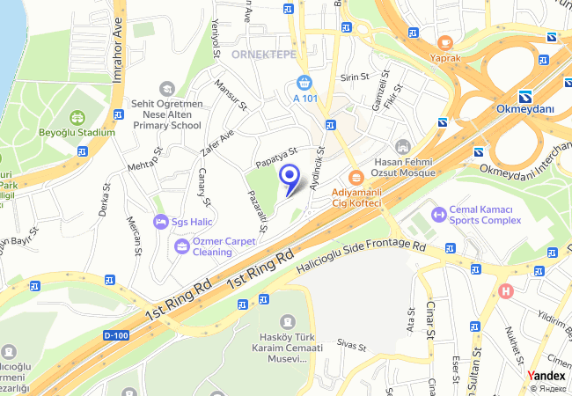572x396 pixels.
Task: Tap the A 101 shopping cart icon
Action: pos(304,83)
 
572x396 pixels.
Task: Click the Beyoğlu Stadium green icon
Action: pos(77,117)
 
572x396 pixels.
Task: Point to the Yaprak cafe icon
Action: pos(445,42)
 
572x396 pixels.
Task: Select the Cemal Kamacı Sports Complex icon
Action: pos(437,214)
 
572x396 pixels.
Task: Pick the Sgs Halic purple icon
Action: pos(159,221)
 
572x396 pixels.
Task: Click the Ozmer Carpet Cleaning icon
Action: pos(181,246)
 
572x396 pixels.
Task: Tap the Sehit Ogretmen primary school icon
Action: pos(166,88)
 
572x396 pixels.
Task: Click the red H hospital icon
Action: pos(505,291)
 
